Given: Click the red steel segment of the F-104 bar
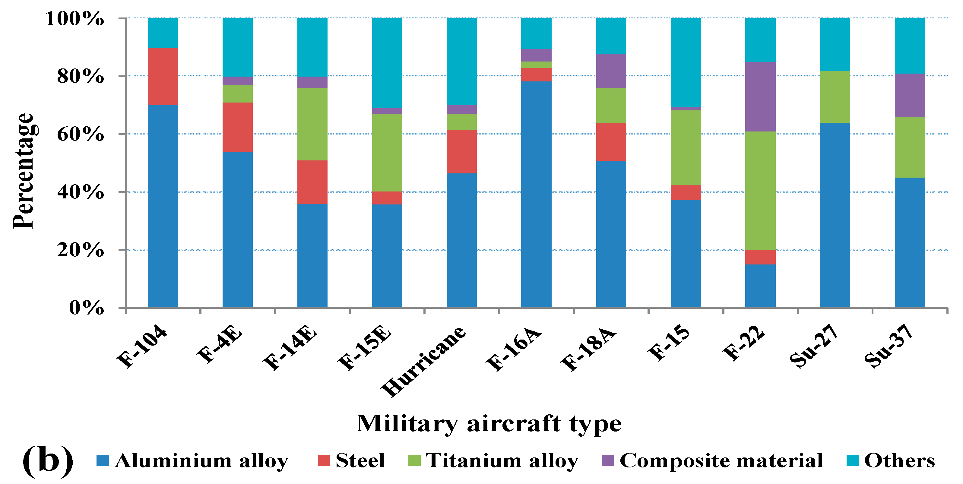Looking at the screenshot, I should click(x=163, y=76).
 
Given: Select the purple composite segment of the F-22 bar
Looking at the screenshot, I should click(x=760, y=96).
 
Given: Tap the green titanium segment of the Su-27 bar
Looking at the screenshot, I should click(x=835, y=96).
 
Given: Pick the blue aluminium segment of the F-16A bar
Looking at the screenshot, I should click(x=536, y=194).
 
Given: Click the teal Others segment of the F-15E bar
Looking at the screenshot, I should click(x=387, y=63).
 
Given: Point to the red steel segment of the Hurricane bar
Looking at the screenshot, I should click(x=462, y=151).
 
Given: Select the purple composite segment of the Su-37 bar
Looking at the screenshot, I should click(x=910, y=95).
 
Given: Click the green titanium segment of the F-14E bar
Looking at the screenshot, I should click(x=312, y=124).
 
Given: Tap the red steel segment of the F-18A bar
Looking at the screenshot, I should click(x=611, y=142).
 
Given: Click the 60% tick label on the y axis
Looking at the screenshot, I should click(x=80, y=134).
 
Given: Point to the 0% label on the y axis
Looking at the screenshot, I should click(x=86, y=308).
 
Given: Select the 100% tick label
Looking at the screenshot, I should click(x=74, y=19).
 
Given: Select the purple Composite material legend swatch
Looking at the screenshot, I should click(x=608, y=460).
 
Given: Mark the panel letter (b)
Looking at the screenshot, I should click(x=48, y=460).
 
